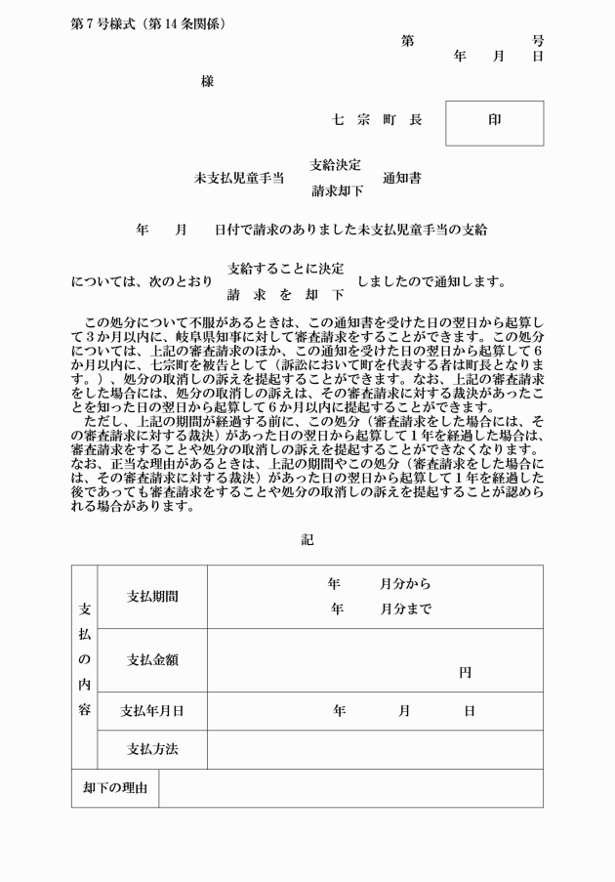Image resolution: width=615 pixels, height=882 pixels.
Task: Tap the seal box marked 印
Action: click(494, 121)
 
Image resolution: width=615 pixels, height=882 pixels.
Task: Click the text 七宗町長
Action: click(377, 120)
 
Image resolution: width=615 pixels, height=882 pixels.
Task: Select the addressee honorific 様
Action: click(207, 82)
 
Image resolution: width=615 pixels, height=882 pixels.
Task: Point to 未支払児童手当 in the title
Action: click(239, 178)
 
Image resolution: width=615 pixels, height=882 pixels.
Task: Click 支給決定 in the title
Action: click(335, 164)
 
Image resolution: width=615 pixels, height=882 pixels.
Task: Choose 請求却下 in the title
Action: click(336, 191)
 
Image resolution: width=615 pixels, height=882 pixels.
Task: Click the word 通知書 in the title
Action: click(402, 178)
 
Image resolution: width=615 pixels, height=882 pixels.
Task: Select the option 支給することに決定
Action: click(285, 268)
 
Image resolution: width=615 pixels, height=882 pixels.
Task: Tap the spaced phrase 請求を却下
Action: click(285, 294)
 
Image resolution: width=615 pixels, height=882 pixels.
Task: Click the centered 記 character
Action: click(307, 539)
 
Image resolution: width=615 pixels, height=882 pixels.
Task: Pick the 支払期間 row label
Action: click(152, 597)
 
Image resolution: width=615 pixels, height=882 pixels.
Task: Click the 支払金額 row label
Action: click(152, 660)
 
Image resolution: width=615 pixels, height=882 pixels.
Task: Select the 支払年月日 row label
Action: click(152, 711)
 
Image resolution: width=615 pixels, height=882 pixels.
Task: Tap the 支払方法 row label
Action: click(152, 750)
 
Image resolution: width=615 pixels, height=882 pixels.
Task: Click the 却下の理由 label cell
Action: click(115, 788)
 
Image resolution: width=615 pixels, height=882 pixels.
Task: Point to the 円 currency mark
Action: click(465, 673)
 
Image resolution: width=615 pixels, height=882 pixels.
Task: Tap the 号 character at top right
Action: click(538, 41)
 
